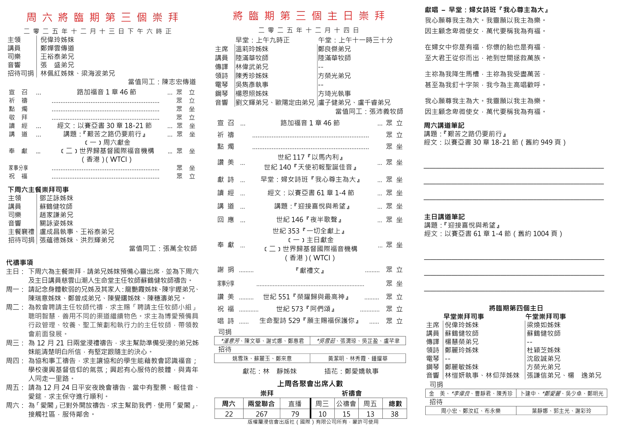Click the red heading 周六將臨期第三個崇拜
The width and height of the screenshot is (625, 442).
pyautogui.click(x=102, y=17)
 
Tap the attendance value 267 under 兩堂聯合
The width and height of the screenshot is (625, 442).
pyautogui.click(x=261, y=414)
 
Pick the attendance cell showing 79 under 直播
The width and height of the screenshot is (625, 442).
pyautogui.click(x=295, y=414)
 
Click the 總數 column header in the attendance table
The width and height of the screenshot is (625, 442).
pyautogui.click(x=395, y=404)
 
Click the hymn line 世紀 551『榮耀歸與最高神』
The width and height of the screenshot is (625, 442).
pyautogui.click(x=306, y=297)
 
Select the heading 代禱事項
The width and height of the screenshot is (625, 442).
pyautogui.click(x=20, y=262)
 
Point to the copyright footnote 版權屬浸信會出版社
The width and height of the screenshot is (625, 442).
pyautogui.click(x=313, y=422)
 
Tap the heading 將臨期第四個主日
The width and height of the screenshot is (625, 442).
pyautogui.click(x=516, y=308)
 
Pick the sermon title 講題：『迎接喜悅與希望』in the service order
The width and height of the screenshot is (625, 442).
pyautogui.click(x=312, y=206)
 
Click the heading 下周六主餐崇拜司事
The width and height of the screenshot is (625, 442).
pyautogui.click(x=38, y=190)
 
